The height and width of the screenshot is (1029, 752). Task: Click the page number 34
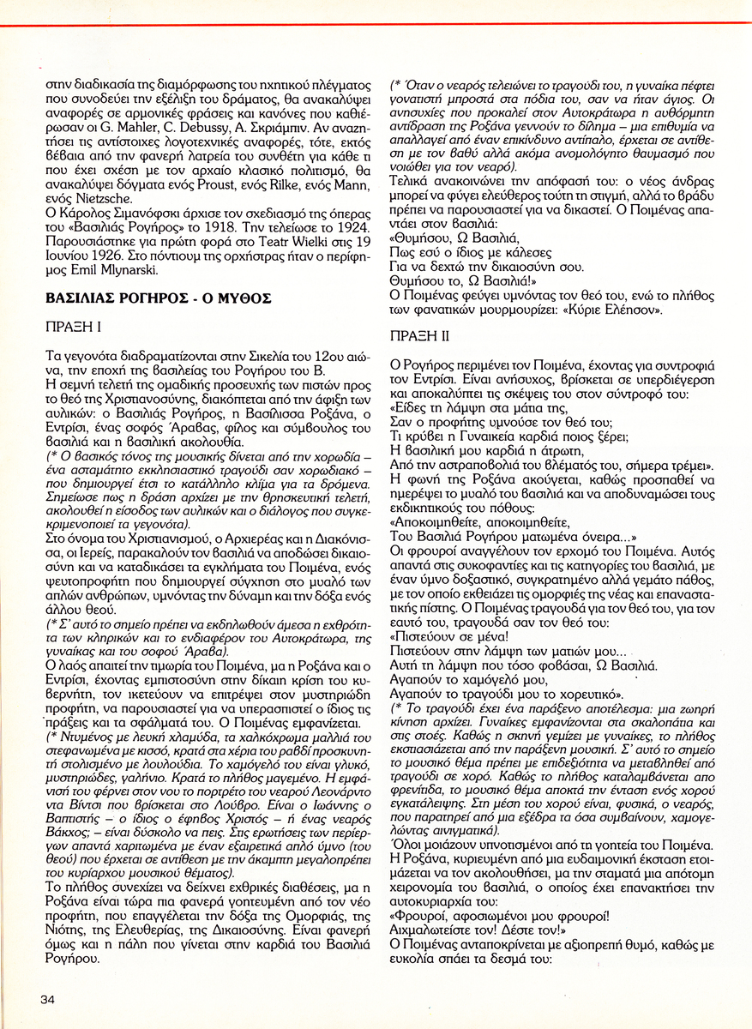pyautogui.click(x=47, y=999)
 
